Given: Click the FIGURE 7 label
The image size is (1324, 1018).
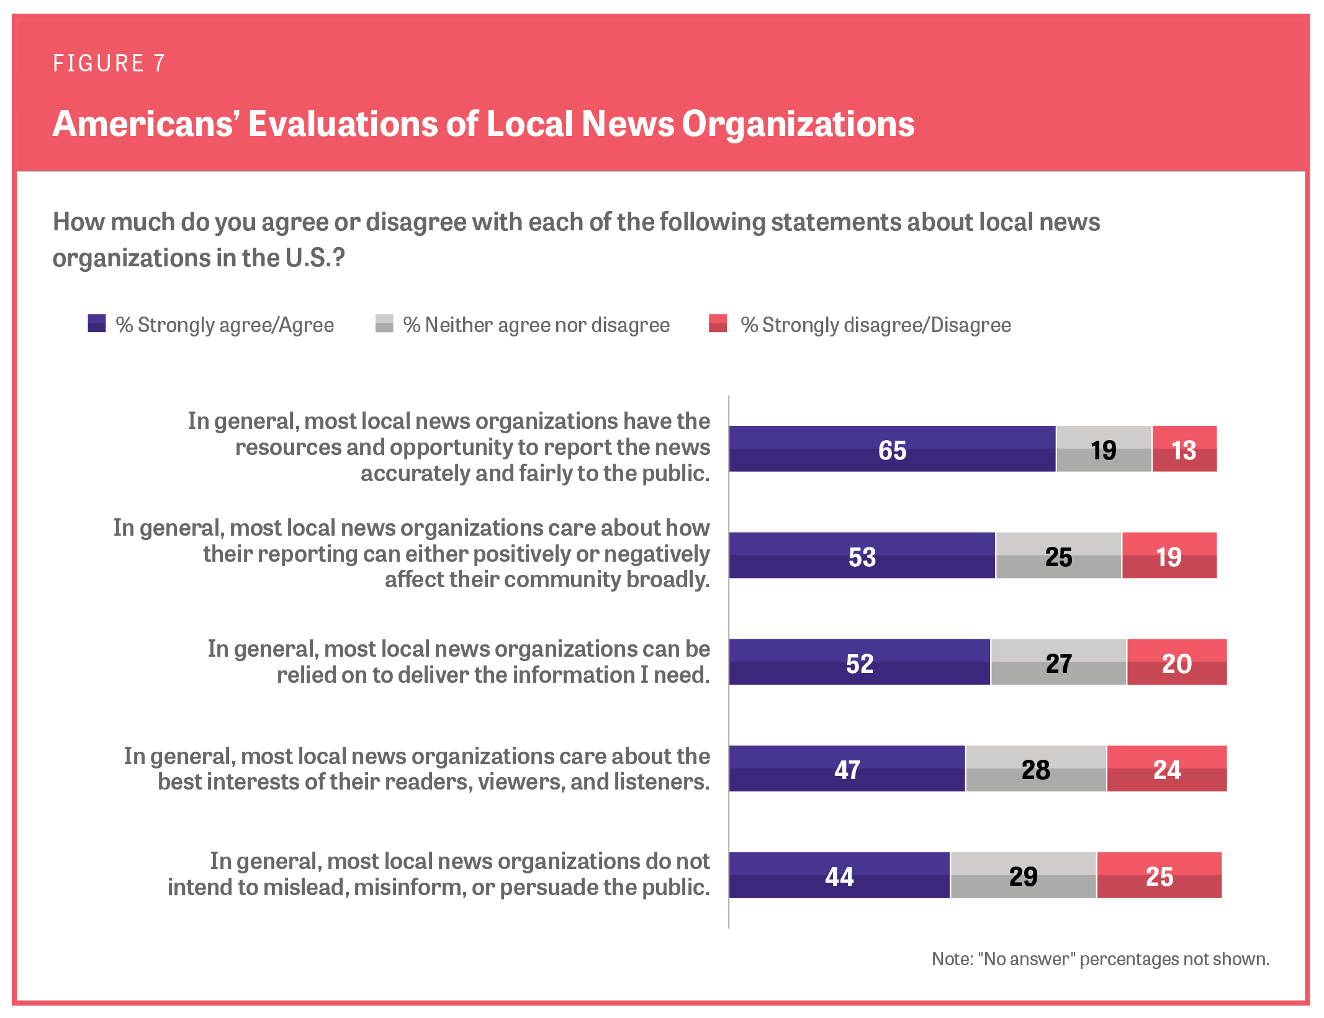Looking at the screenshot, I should (x=109, y=63).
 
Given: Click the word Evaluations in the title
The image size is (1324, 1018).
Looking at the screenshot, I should (x=343, y=124).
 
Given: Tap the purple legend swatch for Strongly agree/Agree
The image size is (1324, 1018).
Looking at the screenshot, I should (x=96, y=323).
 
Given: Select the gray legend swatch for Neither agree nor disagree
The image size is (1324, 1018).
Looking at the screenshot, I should (x=384, y=323).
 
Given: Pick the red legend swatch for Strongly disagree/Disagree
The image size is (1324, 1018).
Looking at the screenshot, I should (x=718, y=323).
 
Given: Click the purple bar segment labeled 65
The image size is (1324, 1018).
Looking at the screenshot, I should (x=892, y=449).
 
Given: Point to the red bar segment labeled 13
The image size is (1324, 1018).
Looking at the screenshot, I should (x=1184, y=449).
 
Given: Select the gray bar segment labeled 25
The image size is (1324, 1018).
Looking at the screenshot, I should (x=1058, y=556).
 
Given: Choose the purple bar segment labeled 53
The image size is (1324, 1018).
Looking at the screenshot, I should (x=862, y=556).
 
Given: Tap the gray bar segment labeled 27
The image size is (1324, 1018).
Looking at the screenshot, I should (x=1058, y=662).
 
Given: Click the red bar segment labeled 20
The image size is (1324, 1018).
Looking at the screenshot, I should (x=1176, y=662).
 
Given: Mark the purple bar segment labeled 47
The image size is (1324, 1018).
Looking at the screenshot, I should (x=847, y=768).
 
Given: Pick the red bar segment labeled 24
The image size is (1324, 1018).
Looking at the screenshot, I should (x=1166, y=768).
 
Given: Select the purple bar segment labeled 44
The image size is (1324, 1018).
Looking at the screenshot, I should (x=839, y=875).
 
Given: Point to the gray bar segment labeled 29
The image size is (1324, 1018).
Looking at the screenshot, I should (x=1023, y=875).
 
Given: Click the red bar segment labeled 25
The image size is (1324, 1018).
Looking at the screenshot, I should (x=1159, y=875).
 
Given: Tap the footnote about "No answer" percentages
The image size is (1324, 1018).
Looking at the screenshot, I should (x=1100, y=959).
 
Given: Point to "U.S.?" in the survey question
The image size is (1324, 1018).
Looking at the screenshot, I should (x=315, y=258).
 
